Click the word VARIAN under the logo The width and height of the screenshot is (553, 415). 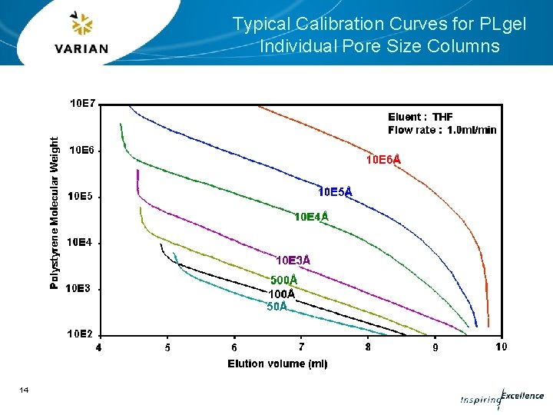click(x=81, y=48)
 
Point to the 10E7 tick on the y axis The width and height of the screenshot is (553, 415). click(x=83, y=103)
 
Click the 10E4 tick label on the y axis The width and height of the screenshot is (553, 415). click(x=81, y=242)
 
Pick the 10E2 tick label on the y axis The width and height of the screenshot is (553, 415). click(x=81, y=334)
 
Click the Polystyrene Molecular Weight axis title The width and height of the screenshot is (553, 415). click(x=55, y=214)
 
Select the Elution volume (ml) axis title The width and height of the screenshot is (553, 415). click(x=277, y=364)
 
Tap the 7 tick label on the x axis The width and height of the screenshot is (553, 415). click(x=301, y=347)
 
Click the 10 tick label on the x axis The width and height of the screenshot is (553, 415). click(x=501, y=347)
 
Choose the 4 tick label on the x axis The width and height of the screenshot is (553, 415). click(x=98, y=347)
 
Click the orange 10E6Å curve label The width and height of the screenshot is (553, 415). click(x=382, y=160)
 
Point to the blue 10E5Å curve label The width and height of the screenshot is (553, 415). click(x=335, y=191)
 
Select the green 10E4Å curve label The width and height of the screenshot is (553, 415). click(x=311, y=217)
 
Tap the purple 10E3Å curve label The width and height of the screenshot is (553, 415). click(x=293, y=261)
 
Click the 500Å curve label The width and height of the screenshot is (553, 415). click(x=283, y=281)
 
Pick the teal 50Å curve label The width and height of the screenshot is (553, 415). click(x=277, y=307)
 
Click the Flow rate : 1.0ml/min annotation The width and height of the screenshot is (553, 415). click(x=442, y=130)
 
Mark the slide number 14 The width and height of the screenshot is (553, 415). click(x=24, y=390)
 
